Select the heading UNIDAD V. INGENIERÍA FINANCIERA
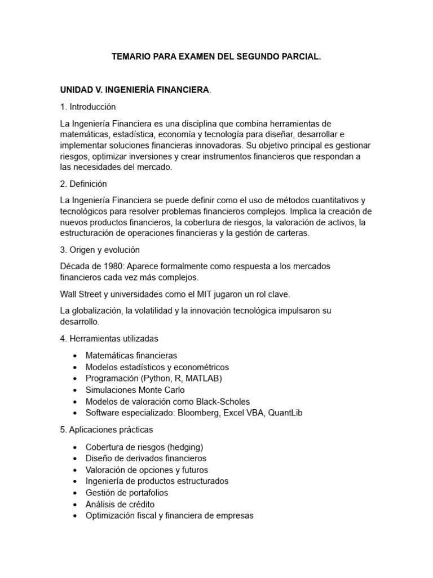(x=135, y=90)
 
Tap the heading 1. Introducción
(x=88, y=107)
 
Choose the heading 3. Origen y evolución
(x=100, y=249)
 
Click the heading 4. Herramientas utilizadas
(x=109, y=339)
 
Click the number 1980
(x=102, y=266)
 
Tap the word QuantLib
(x=285, y=413)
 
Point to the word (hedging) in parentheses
(x=187, y=447)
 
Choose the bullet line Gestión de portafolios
(x=127, y=493)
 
